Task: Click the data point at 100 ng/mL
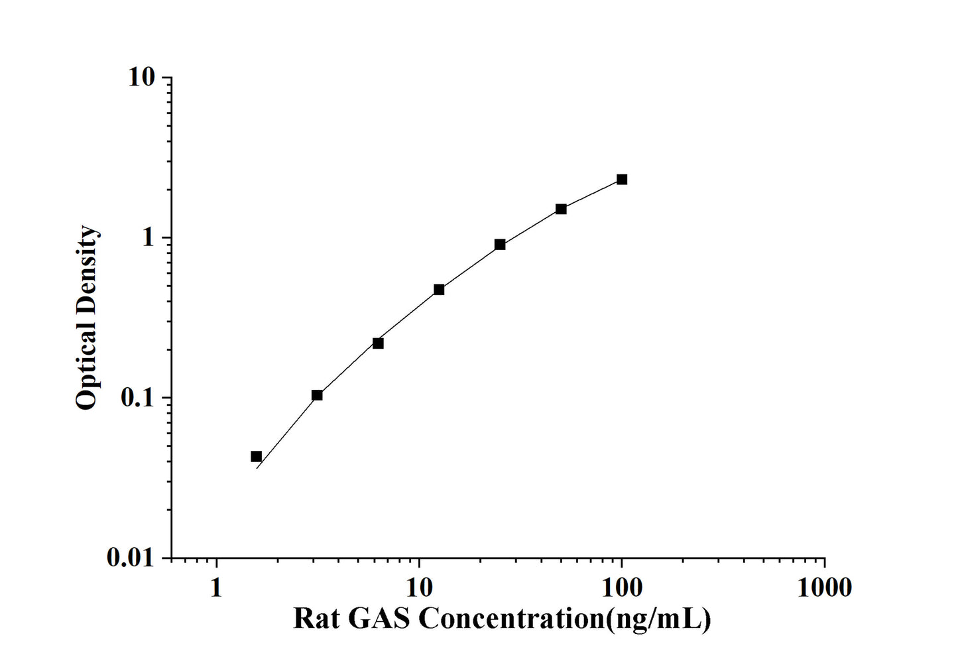point(621,180)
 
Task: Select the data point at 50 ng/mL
point(561,210)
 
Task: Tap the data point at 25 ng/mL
point(500,245)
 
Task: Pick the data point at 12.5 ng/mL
point(439,290)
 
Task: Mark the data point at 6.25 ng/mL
point(378,343)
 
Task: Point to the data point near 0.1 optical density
point(317,395)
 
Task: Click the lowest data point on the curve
point(257,456)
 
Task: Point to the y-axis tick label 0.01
point(130,558)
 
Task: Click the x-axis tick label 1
point(216,587)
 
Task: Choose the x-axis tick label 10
point(419,587)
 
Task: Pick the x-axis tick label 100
point(621,587)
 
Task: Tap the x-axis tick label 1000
point(824,587)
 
